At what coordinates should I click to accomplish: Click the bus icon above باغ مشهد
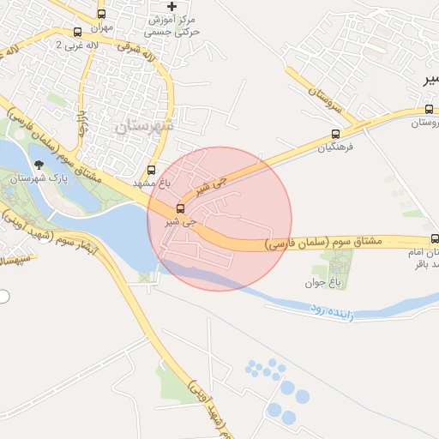pos(152,170)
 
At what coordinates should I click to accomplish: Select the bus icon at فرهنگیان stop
pos(335,134)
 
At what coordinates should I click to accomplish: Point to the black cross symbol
pos(171,7)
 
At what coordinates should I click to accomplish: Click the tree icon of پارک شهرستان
pos(38,163)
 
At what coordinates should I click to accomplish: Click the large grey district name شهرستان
pos(143,126)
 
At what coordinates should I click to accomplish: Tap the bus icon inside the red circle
pos(180,208)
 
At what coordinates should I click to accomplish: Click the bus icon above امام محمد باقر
pos(435,239)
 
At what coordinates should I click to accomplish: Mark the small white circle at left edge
pos(3,297)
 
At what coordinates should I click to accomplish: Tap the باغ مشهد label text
pos(152,183)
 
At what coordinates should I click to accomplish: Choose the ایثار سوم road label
pos(70,245)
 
